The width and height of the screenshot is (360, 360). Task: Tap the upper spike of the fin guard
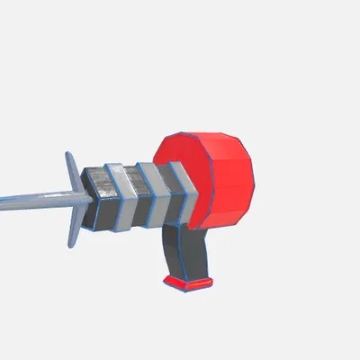[x=69, y=166]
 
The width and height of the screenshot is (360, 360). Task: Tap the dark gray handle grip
[x=193, y=252]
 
